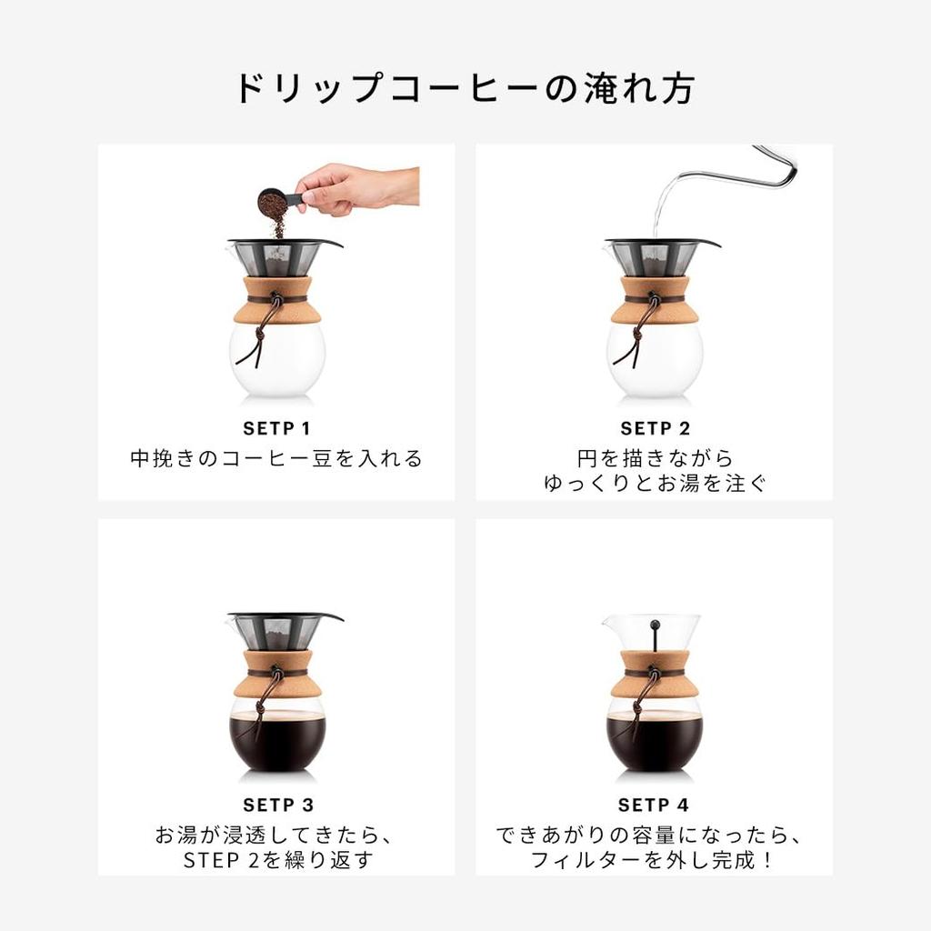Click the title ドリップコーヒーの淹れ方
click(x=465, y=89)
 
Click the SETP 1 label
click(x=276, y=428)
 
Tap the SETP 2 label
click(x=655, y=428)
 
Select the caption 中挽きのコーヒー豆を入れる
click(x=276, y=458)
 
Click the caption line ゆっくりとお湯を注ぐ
click(x=655, y=484)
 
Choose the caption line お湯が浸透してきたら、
click(x=278, y=835)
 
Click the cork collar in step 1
click(x=278, y=301)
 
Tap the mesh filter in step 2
click(x=656, y=258)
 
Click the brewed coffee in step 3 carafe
click(x=277, y=741)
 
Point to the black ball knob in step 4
click(x=655, y=624)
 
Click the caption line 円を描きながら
click(x=655, y=458)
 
